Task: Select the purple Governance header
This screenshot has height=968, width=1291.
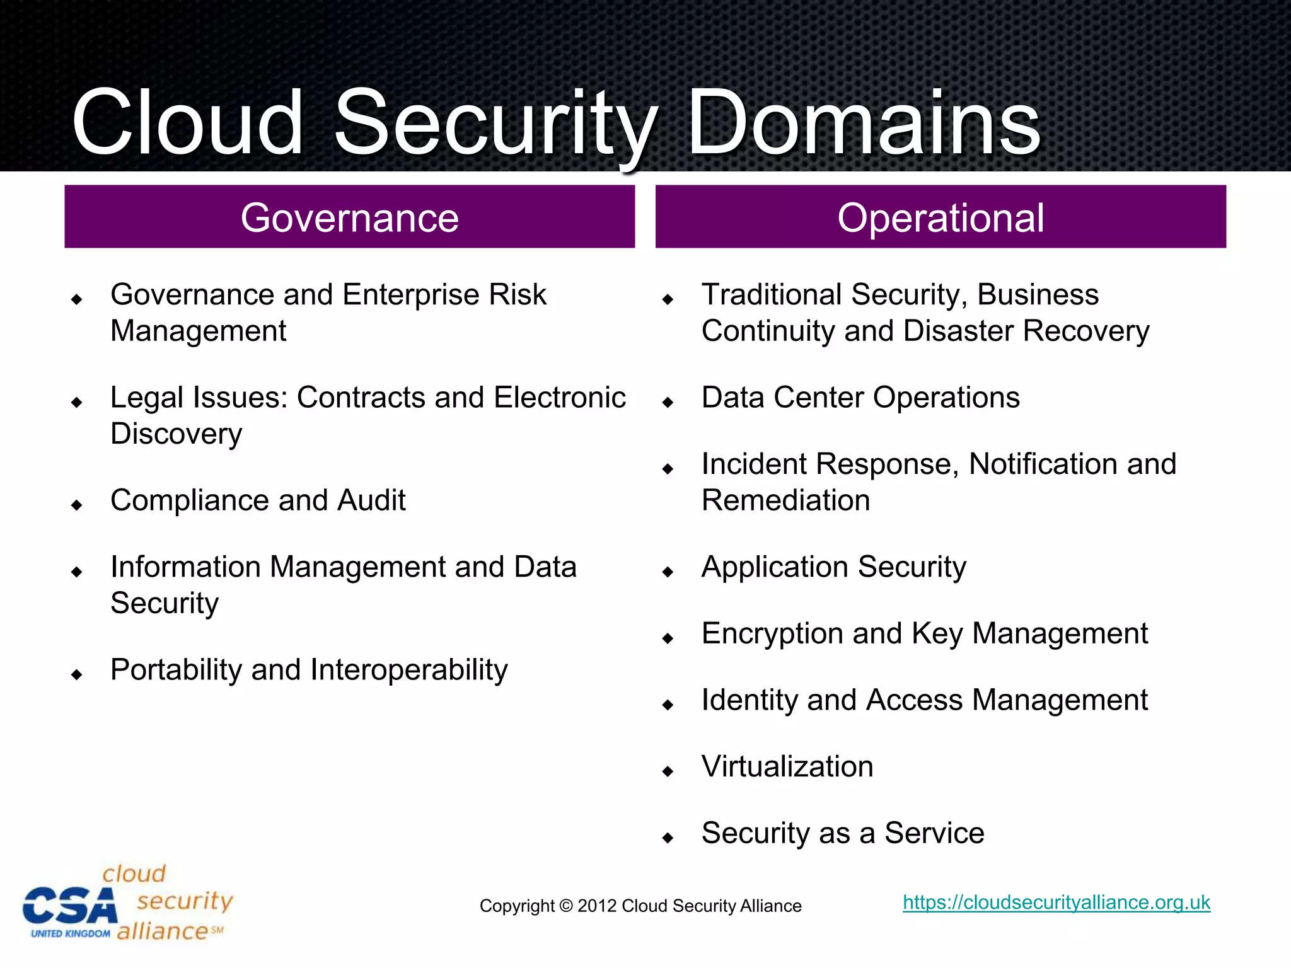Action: click(349, 217)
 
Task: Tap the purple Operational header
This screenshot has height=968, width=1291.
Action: click(941, 217)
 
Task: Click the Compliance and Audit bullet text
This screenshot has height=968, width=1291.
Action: click(258, 500)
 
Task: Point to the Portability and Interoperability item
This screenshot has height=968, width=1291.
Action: click(309, 670)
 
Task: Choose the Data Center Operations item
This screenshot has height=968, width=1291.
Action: click(860, 398)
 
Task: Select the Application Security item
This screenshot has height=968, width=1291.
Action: click(833, 567)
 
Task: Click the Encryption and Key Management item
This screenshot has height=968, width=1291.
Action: click(924, 634)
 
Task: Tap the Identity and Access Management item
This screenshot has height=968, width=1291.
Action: click(924, 700)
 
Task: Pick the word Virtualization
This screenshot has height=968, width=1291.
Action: click(787, 767)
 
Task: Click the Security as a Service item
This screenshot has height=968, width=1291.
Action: click(843, 833)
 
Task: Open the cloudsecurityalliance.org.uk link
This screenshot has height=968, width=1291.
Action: click(1057, 902)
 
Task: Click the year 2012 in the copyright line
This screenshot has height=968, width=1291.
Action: click(596, 906)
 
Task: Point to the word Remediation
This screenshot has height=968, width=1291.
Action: click(785, 500)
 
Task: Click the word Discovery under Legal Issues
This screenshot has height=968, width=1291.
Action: click(177, 434)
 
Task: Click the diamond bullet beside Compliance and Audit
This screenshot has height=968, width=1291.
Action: click(77, 505)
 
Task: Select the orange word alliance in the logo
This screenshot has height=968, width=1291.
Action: click(163, 931)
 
